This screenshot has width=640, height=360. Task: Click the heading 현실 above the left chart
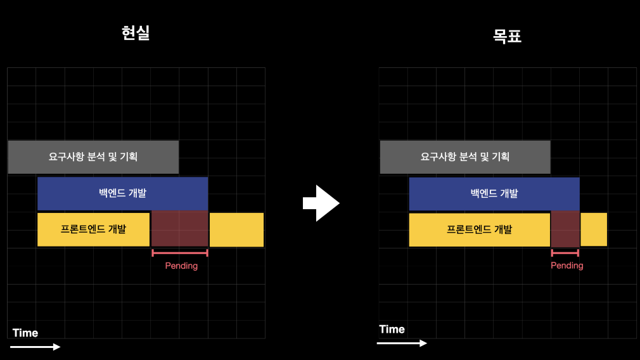[136, 33]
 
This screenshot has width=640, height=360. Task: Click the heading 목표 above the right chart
[507, 35]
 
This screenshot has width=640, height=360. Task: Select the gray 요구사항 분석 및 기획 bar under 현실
[93, 157]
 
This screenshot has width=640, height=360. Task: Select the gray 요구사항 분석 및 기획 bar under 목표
[465, 157]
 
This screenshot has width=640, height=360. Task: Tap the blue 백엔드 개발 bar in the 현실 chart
[122, 193]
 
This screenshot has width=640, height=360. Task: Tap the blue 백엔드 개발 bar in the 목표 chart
[494, 193]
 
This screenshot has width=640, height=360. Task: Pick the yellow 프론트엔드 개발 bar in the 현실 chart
[93, 229]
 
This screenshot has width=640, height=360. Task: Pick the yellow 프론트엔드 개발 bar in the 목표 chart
[479, 229]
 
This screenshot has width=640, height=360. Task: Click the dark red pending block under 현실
[179, 229]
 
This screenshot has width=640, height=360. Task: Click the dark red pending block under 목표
[565, 229]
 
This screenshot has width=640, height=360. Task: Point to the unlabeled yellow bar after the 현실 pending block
[236, 229]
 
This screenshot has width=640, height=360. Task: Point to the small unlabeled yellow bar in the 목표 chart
[594, 229]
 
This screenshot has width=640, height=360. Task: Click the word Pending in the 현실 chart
[181, 266]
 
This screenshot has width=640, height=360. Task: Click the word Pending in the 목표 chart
[566, 266]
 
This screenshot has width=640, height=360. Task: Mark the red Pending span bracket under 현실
[180, 253]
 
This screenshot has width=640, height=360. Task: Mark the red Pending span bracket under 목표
[565, 252]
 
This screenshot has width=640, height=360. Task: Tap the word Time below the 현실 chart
[25, 333]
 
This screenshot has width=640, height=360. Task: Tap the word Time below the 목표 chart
[392, 330]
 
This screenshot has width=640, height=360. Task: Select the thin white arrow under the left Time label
[35, 347]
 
